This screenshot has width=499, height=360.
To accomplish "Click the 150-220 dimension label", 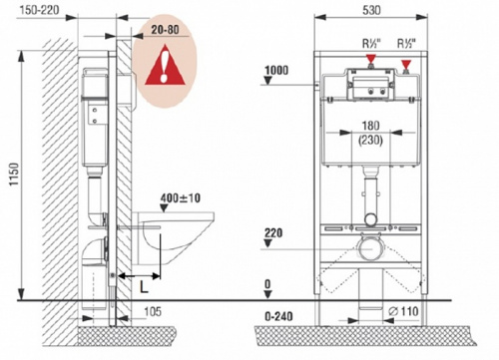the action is pyautogui.click(x=39, y=10).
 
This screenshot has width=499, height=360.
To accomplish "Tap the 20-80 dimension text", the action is pyautogui.click(x=165, y=30).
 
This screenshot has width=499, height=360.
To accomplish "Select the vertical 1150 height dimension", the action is pyautogui.click(x=14, y=174).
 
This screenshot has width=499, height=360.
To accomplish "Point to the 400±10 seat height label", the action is pyautogui.click(x=181, y=198).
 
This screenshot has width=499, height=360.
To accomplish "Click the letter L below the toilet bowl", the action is pyautogui.click(x=144, y=286).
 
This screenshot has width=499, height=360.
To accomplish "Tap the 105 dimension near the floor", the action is pyautogui.click(x=153, y=311).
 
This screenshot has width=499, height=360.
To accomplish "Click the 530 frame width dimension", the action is pyautogui.click(x=371, y=10).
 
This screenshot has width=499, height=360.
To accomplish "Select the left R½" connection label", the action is pyautogui.click(x=371, y=43).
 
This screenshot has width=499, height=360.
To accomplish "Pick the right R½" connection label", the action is pyautogui.click(x=406, y=43).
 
